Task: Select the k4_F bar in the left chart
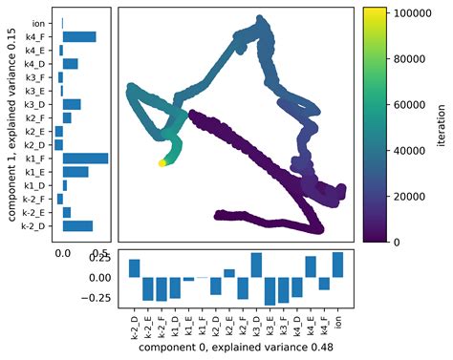pos(79,36)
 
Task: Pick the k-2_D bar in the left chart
pos(77,226)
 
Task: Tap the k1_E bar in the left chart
pos(75,172)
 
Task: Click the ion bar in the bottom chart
pos(337,265)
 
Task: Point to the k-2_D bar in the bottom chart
pos(135,268)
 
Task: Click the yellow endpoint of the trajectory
pos(162,163)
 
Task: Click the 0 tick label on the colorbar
pos(394,242)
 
